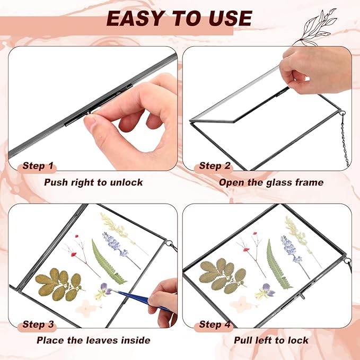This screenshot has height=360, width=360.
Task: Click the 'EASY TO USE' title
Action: coord(179,18)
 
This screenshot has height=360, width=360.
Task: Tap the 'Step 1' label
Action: coord(38,166)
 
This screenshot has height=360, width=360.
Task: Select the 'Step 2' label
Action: coord(214,166)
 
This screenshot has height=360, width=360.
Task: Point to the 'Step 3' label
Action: coord(38,324)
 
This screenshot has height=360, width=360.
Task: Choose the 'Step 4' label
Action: coord(214,324)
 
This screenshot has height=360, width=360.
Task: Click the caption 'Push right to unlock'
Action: coord(93,182)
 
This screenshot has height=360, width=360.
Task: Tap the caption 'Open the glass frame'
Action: coord(271,182)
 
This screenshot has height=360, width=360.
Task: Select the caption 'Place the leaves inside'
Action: coord(93,340)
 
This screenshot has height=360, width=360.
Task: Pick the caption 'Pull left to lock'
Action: coord(271,340)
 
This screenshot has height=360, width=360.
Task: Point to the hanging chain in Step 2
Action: coord(345,140)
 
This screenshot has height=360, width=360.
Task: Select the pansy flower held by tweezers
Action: coord(103,292)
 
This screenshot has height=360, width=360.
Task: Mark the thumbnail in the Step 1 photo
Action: coord(90,122)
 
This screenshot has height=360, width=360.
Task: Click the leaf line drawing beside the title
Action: coord(315,27)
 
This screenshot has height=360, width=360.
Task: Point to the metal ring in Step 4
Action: coord(347,261)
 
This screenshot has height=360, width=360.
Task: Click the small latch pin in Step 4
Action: coord(302,296)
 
